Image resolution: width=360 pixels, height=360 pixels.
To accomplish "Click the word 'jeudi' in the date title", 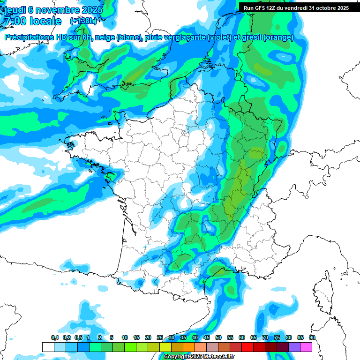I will (x=15, y=10).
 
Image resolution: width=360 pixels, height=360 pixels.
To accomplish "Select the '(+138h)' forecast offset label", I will (x=83, y=21).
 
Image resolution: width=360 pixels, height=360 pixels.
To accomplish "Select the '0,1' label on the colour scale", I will (x=54, y=338).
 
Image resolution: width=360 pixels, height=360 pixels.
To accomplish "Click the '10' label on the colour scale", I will (x=125, y=338).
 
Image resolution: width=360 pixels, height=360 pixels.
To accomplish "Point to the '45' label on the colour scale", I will (x=207, y=338).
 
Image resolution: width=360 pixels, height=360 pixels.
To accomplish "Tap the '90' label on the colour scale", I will (x=312, y=338).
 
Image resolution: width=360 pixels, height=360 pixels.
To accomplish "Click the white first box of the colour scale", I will (x=48, y=347).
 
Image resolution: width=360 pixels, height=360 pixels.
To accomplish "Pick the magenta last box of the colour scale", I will (x=306, y=347).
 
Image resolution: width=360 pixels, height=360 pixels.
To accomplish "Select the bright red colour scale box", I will (x=247, y=347).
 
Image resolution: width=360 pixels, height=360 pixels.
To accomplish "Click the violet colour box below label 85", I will (x=294, y=347).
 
